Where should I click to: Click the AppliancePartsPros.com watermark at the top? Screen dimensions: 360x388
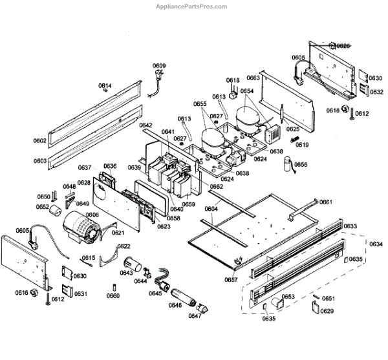pos(191,6)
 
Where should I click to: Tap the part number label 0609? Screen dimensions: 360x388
pos(159,65)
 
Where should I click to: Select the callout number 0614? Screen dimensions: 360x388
pos(105,86)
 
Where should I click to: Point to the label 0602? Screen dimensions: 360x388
pos(40,140)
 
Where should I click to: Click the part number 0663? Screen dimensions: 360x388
pos(253,78)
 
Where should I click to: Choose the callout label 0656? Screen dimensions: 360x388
pos(301,165)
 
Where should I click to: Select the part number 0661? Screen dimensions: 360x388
pos(326,202)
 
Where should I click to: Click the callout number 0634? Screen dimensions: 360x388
pos(374,243)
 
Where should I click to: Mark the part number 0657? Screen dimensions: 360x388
pos(231,279)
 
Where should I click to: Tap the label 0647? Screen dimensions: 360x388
pos(195,315)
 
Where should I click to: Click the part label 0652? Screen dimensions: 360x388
pos(42,207)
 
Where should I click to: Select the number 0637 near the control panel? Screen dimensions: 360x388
pos(85,167)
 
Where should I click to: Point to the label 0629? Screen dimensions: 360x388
pos(327,312)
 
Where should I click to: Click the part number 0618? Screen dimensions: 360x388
pos(233,80)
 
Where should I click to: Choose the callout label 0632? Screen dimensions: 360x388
pos(376,92)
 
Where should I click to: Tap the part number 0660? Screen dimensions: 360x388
pos(113,295)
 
